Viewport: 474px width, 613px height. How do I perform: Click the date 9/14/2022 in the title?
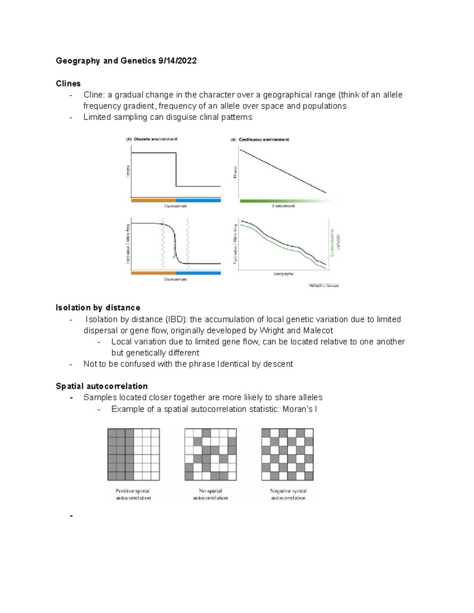pos(177,61)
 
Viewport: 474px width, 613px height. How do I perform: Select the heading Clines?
pos(68,84)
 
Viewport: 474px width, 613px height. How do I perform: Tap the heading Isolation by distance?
pos(98,308)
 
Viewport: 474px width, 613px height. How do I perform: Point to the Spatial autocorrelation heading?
pos(102,386)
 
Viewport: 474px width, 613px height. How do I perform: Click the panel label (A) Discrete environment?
pos(152,139)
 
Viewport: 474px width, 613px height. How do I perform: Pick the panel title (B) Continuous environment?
pos(260,139)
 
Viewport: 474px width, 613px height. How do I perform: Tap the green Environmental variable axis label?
pos(335,243)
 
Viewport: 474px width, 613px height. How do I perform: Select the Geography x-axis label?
pos(283,274)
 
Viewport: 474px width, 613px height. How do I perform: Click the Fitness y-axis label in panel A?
pos(128,172)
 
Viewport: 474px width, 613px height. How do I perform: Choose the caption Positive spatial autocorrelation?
pos(133,495)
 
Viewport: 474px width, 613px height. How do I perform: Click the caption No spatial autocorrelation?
pos(210,495)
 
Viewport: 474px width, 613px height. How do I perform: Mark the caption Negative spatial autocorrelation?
pos(288,495)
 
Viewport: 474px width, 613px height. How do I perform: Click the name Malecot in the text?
pos(318,331)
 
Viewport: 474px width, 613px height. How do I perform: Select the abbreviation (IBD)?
pos(176,319)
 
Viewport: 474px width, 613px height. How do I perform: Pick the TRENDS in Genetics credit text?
pos(324,286)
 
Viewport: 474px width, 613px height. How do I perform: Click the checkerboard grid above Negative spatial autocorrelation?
pos(287,454)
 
